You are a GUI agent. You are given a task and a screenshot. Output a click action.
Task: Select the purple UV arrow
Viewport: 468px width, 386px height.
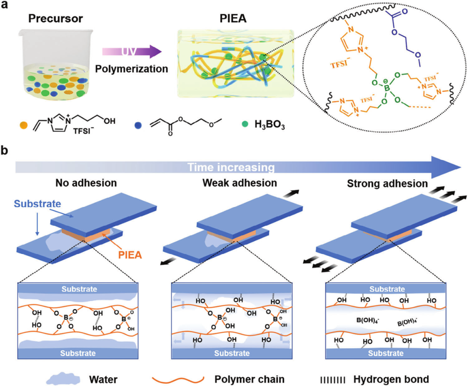(x=131, y=52)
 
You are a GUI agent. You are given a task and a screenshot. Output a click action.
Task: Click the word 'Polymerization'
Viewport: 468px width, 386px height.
(x=131, y=68)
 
